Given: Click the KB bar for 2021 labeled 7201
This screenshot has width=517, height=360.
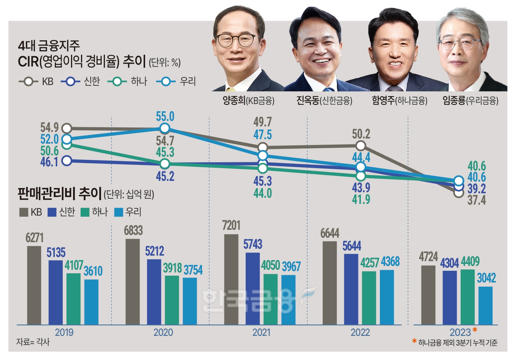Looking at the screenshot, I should coord(231,279).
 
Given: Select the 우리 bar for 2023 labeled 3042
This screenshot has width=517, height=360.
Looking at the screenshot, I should coord(485,305).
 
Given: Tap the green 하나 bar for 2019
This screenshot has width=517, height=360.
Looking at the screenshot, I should coord(73,298).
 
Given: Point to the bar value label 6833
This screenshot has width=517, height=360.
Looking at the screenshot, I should coord(133,230).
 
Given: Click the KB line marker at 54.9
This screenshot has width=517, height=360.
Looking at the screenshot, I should coord(67,128).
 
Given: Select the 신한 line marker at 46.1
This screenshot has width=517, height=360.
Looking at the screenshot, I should coord(67,161).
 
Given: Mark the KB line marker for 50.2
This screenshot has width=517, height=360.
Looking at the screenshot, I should coord(361,145).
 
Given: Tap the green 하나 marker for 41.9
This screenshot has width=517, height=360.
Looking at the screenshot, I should coord(361,176).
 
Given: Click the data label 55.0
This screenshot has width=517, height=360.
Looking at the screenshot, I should coord(165,117).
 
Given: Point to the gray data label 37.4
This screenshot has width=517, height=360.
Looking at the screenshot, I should coord(477,200).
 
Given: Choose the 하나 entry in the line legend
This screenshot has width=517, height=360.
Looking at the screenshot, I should coord(128,82).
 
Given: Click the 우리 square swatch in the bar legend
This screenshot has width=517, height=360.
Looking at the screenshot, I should coord(119,212).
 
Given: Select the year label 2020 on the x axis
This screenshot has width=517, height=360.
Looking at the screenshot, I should coord(163,332).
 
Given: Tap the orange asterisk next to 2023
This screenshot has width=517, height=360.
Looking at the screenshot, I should coord(475,330).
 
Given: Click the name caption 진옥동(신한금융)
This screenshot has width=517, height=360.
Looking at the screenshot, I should coord(324,101).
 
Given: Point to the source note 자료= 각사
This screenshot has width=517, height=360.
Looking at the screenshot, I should coord(33,342).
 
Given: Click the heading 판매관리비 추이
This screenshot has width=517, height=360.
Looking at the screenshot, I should coord(59,194).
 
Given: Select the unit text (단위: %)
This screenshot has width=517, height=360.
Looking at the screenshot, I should coord(165,62).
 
